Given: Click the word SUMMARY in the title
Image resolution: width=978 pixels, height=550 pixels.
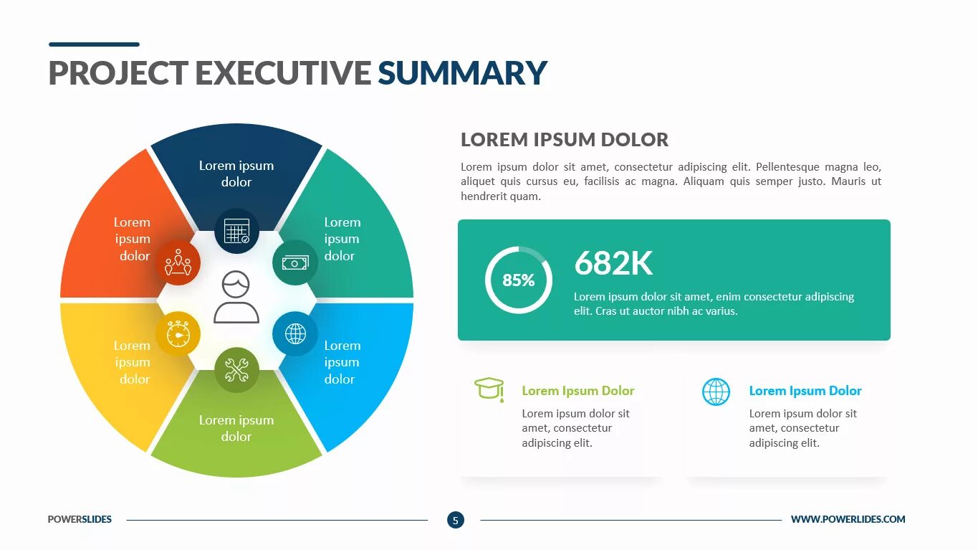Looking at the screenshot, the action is [x=462, y=73].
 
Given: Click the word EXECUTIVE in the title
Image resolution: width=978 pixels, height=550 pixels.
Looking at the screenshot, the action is [x=282, y=73].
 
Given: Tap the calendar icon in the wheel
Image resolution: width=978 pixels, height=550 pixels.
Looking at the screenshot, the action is [x=236, y=231].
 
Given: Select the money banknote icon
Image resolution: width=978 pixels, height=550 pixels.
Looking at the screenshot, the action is [x=294, y=263].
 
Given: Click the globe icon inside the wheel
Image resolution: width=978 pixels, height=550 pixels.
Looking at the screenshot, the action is [x=295, y=333].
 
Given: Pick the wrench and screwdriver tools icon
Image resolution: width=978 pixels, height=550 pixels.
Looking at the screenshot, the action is [x=236, y=370].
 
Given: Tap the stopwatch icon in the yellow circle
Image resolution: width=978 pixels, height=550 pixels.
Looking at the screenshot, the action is [x=178, y=334].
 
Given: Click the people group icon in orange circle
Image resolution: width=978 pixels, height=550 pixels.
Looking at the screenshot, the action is [x=178, y=263].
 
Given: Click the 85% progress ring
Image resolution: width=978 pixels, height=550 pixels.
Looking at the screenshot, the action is [x=518, y=280].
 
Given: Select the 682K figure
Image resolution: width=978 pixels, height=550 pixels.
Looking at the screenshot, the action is [x=613, y=263].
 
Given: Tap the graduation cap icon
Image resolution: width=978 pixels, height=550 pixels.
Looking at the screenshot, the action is [x=489, y=389].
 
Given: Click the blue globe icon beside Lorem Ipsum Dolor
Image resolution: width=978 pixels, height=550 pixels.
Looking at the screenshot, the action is [x=716, y=392].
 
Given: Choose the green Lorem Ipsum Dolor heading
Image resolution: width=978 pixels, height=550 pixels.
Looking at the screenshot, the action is [x=577, y=391].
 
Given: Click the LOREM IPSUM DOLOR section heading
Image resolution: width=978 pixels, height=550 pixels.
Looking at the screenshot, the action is [x=565, y=140].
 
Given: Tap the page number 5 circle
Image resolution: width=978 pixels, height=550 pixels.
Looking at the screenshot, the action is [x=455, y=520].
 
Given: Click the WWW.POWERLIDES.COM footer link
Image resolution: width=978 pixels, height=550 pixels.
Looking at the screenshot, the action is [x=848, y=519].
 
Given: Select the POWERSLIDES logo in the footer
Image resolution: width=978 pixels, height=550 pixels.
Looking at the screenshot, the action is [x=80, y=519].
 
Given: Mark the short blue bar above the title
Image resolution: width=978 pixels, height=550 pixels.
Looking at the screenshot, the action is [x=94, y=44].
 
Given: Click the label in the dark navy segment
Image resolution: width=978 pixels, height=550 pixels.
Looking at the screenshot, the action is [x=236, y=174].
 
